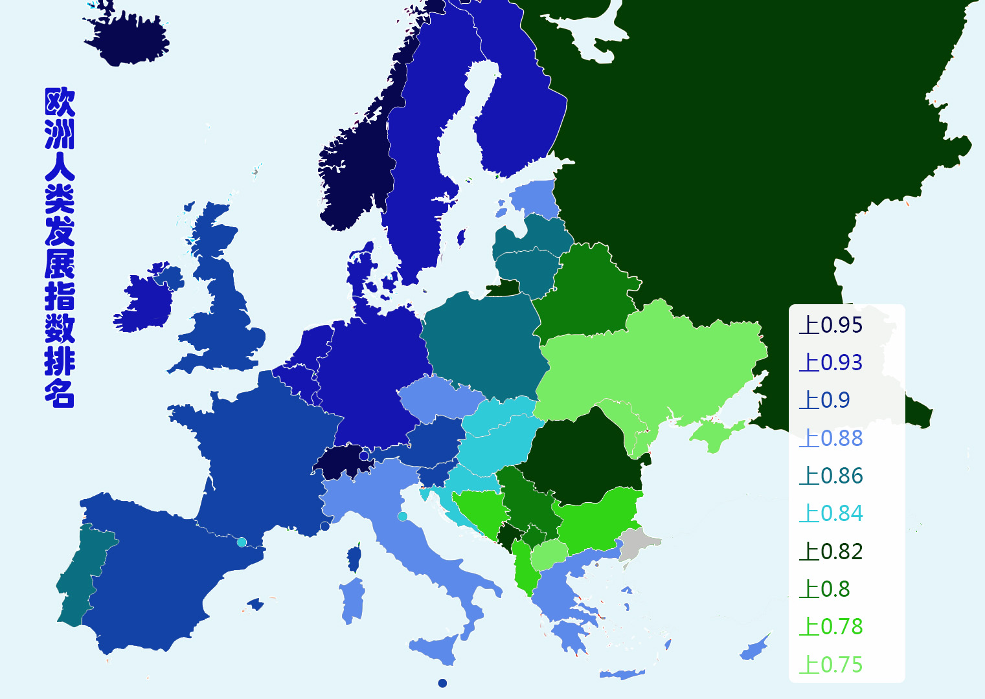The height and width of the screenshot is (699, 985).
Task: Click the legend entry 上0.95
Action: pos(831,325)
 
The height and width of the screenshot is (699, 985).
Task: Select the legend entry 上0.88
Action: pos(831,438)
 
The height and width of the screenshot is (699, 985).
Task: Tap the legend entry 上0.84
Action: pos(831,513)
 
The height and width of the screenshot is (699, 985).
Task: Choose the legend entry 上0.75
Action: pos(831,665)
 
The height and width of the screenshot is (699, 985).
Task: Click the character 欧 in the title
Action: pos(60,102)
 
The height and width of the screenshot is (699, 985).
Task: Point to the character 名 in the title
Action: pos(60,393)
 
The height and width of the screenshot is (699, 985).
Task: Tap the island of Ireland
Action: pos(146,301)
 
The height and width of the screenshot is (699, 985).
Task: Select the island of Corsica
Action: pos(354,559)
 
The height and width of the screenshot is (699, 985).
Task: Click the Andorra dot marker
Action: pos(242,542)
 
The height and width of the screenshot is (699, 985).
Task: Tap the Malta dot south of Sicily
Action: pos(442,683)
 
